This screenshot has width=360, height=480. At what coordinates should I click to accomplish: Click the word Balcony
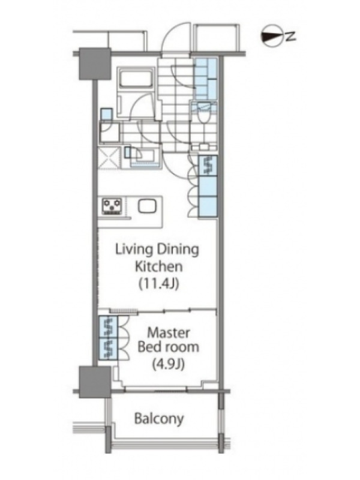[x=159, y=418]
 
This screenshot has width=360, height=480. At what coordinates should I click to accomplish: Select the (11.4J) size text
[x=159, y=284]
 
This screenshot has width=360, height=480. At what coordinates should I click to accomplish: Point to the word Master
[x=169, y=332]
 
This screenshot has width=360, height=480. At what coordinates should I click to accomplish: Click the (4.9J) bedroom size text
[x=169, y=364]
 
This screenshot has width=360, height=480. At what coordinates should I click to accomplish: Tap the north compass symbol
[x=271, y=36]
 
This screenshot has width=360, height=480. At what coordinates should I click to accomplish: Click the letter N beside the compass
[x=290, y=37]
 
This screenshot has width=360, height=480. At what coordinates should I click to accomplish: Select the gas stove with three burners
[x=112, y=206]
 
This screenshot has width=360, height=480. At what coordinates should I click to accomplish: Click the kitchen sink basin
[x=147, y=206]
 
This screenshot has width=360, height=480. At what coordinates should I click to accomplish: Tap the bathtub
[x=135, y=79]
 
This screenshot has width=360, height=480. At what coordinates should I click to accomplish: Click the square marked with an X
[x=109, y=157]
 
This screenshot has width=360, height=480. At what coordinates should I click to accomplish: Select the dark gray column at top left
[x=95, y=64]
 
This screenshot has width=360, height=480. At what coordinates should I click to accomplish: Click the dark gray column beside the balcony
[x=95, y=382]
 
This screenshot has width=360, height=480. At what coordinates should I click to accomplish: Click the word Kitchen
[x=159, y=266]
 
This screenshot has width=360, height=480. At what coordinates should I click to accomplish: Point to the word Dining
[x=178, y=250]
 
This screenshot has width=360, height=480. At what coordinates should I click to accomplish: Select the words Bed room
[x=169, y=347]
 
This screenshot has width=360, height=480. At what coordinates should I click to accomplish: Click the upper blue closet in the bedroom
[x=109, y=326]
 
